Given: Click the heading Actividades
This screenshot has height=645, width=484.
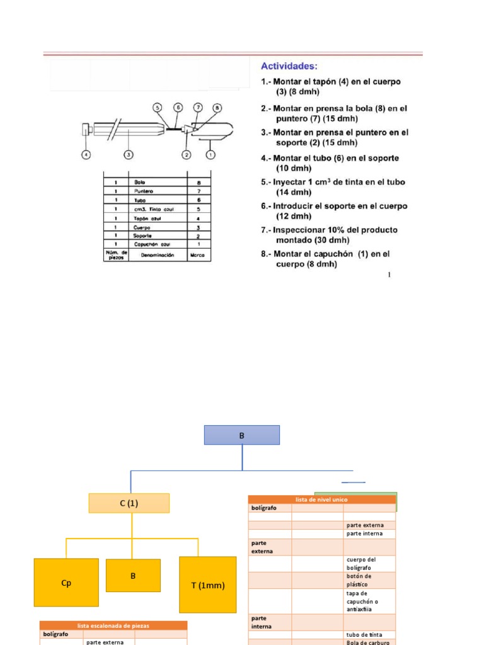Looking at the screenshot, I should click(289, 66).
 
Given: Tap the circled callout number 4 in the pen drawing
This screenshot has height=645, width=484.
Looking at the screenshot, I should click(86, 154).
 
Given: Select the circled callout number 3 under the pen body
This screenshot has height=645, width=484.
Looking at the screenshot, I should click(128, 154).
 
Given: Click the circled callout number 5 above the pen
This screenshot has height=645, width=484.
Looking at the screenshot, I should click(157, 108).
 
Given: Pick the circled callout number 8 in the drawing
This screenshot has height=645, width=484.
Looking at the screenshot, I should click(217, 108).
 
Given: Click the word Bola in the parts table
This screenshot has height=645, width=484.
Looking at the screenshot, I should click(140, 181).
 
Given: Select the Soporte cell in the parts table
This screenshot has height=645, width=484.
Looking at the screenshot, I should click(143, 234).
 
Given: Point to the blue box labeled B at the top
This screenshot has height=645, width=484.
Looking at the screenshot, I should click(242, 435).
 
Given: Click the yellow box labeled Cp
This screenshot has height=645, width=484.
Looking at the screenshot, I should click(66, 583).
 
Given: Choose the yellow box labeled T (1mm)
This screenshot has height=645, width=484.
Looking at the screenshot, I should click(208, 585).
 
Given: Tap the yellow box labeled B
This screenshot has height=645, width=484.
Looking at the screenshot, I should click(133, 575).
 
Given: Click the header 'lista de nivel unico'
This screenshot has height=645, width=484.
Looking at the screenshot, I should click(321, 499).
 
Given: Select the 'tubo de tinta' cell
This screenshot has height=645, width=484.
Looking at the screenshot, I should click(362, 634).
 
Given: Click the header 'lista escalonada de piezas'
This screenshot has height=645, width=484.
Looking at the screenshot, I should click(113, 625).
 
